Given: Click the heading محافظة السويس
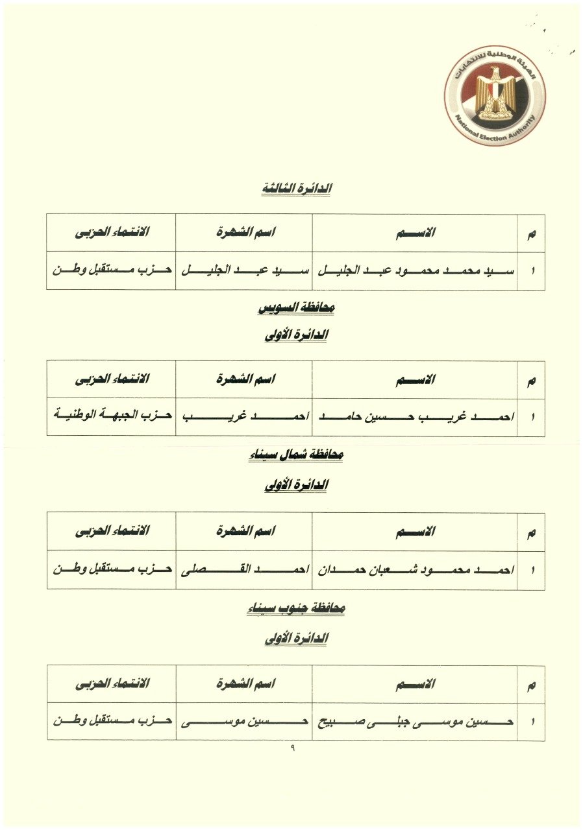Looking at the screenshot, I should [296, 309].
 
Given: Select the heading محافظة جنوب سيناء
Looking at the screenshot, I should [296, 608].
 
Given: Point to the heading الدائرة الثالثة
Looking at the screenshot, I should [296, 189].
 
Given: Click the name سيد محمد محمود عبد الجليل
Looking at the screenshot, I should [416, 270].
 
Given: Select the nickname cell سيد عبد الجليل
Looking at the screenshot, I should [244, 270].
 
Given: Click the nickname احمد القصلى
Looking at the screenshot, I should [244, 570].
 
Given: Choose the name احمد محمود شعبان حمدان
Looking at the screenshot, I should [416, 570].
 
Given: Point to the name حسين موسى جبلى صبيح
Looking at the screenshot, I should [416, 722].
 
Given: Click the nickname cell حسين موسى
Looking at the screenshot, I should [244, 722].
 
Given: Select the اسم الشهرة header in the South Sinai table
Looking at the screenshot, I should [244, 684].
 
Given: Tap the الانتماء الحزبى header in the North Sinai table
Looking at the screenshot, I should [112, 532].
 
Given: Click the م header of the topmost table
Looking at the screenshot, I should [532, 233].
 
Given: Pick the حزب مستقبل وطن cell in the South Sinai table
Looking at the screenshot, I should [112, 722].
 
